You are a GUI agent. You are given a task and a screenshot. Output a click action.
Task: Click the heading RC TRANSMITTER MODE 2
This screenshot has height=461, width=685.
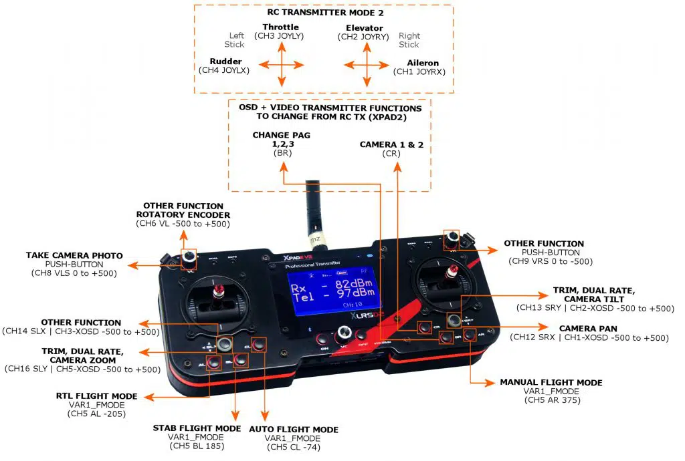[323, 11]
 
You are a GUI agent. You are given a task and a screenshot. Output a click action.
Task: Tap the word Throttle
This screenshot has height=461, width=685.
[281, 27]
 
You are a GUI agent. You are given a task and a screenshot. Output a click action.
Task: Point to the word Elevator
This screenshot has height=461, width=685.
[365, 28]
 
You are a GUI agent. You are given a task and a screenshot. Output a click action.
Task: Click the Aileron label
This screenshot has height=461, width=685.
[423, 63]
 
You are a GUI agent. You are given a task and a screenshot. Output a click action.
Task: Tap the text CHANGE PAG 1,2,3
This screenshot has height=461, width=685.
[281, 140]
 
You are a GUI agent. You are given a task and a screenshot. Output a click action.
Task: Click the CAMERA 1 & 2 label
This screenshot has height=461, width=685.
[391, 144]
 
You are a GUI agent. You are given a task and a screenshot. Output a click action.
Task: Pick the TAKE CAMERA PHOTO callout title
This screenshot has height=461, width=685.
[74, 256]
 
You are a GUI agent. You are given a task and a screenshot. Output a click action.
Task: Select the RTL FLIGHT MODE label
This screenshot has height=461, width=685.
[91, 396]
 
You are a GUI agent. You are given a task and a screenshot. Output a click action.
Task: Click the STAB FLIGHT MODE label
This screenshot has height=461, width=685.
[197, 428]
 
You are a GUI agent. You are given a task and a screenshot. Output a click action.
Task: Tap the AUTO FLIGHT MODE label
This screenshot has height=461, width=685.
[294, 430]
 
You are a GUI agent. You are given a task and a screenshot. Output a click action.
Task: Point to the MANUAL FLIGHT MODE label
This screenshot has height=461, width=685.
[551, 383]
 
